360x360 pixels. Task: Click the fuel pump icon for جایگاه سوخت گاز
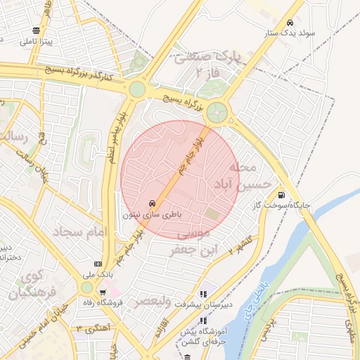282,195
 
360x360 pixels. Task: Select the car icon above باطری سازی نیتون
153,202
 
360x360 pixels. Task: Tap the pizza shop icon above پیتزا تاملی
36,31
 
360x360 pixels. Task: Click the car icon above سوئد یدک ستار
290,21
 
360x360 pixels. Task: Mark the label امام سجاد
77,231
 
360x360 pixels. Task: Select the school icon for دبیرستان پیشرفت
204,295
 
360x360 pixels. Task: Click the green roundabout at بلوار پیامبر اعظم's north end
137,89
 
